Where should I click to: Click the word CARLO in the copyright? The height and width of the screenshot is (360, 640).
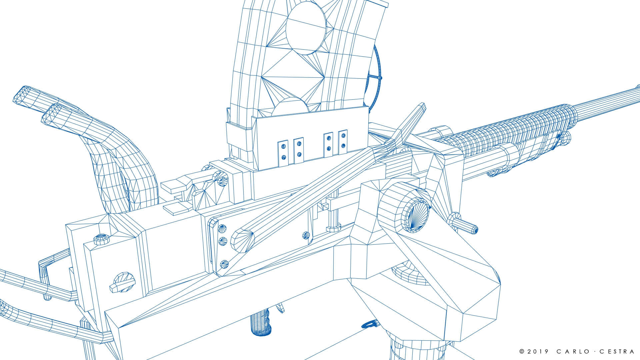(576, 351)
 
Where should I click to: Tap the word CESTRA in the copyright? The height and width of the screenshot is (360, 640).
(617, 351)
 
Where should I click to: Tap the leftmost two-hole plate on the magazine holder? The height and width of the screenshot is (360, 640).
(283, 151)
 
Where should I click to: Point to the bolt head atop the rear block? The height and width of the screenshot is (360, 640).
(102, 238)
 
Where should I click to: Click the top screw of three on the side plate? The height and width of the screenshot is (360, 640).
(222, 229)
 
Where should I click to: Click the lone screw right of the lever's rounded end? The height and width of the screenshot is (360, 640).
(306, 235)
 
